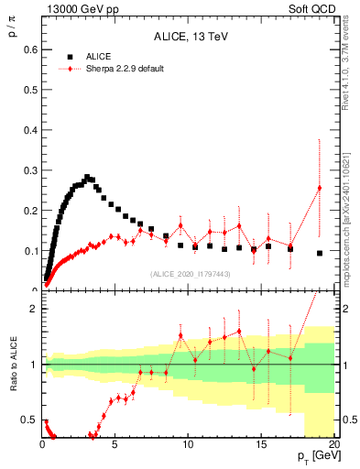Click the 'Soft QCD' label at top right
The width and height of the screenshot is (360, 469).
click(314, 8)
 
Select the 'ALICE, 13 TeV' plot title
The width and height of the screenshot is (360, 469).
click(189, 37)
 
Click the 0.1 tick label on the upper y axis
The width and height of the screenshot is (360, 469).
click(31, 250)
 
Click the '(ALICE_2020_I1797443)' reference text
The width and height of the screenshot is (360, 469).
click(189, 274)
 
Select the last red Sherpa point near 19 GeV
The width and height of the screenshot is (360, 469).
click(320, 188)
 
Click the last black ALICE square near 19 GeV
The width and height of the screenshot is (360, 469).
click(320, 253)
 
